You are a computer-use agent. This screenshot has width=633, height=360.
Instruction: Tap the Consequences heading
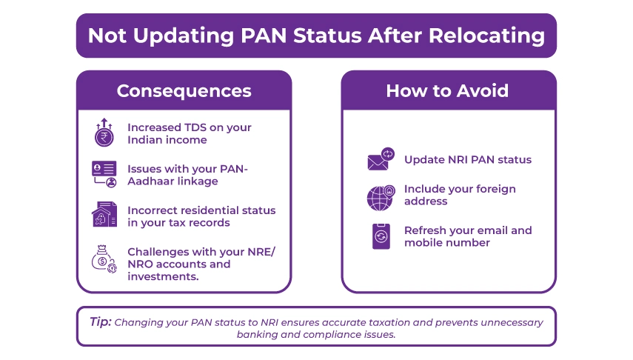coord(184,91)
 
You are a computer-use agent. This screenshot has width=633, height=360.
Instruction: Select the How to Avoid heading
coord(447,91)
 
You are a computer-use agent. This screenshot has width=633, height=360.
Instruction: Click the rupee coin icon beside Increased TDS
coord(104,133)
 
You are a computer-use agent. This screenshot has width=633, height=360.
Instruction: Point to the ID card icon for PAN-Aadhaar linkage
coord(104,173)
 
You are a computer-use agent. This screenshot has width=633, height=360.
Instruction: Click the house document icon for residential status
coord(104,215)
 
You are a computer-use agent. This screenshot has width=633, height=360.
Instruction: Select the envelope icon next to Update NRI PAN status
coord(381,159)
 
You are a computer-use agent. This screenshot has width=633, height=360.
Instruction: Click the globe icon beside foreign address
coord(381,196)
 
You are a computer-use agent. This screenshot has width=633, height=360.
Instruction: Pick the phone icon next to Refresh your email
coord(381,236)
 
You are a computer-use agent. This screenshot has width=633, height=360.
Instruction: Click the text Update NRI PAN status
coord(467,159)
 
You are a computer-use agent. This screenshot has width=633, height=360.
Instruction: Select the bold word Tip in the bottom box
coord(100,322)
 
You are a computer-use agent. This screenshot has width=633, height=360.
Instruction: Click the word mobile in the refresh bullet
coord(424,243)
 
